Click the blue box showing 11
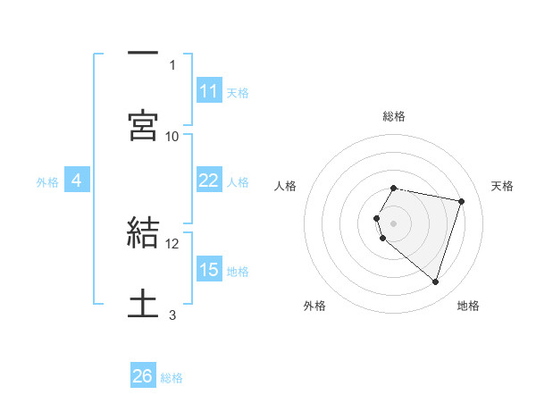tap(209, 91)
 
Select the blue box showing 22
tap(209, 181)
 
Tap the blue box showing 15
tap(209, 270)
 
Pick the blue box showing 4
tap(77, 181)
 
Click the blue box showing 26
tap(143, 376)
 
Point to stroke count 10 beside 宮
tap(172, 136)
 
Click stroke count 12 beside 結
tap(172, 243)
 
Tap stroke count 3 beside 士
tap(172, 315)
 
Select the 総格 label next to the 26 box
tap(172, 378)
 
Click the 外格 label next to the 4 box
tap(47, 182)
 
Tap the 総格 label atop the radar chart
tap(394, 116)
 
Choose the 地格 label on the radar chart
tap(468, 306)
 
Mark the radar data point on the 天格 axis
tap(461, 201)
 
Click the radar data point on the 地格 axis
tap(435, 282)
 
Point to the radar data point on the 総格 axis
tap(394, 189)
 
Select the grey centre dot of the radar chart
tap(394, 223)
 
